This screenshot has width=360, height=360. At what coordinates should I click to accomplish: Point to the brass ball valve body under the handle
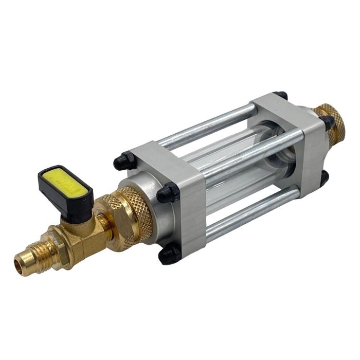(82, 235)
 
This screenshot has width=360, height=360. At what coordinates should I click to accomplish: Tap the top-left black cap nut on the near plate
(123, 161)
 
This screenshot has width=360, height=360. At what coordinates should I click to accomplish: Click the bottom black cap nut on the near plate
(170, 254)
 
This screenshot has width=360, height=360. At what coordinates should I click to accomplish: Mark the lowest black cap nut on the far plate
(325, 177)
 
